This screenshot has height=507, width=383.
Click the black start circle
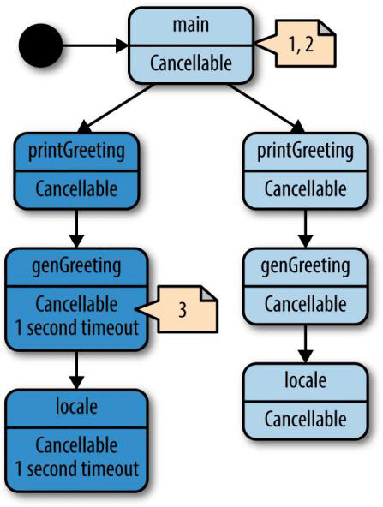click(41, 45)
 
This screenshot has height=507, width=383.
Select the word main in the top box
click(191, 25)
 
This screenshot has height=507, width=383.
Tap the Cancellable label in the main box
click(191, 63)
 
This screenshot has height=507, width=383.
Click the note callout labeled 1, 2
click(296, 44)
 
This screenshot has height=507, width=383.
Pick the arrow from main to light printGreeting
click(266, 109)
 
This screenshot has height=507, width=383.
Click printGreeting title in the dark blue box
click(76, 152)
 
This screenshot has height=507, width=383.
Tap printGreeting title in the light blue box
click(305, 152)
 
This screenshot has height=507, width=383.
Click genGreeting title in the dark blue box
click(76, 266)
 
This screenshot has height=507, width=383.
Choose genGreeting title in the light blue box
click(305, 266)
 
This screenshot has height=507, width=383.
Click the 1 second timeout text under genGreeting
click(77, 327)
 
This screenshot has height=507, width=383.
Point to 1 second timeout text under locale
click(77, 468)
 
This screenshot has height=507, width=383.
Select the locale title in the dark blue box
click(76, 406)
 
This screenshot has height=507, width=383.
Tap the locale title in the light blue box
click(305, 380)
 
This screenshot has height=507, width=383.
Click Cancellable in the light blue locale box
click(305, 419)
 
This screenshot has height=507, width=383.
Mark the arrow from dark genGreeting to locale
click(76, 370)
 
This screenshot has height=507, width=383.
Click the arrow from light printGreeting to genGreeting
click(305, 229)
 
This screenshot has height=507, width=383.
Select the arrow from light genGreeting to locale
click(305, 344)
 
